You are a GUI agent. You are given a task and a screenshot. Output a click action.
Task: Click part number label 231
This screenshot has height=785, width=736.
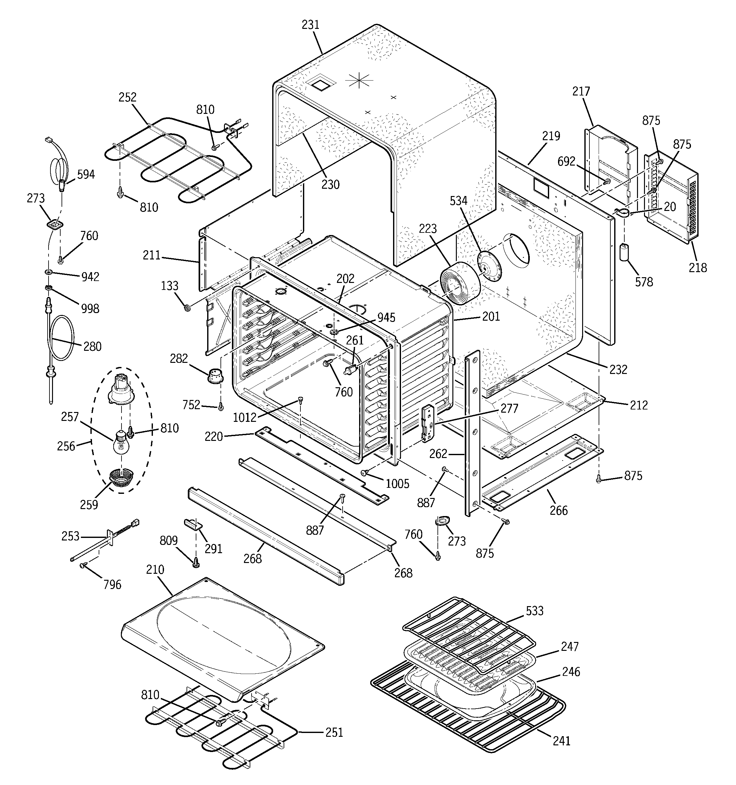click(x=310, y=25)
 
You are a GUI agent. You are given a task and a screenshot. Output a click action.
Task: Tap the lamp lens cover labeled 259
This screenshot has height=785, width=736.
click(x=121, y=477)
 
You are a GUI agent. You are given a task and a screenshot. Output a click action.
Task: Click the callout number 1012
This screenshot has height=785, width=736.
click(x=245, y=417)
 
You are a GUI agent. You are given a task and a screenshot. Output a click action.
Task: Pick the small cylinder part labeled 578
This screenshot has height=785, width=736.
click(x=625, y=252)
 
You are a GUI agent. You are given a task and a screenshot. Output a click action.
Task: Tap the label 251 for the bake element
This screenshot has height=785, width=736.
click(x=334, y=732)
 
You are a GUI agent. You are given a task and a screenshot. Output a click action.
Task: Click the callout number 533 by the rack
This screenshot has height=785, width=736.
click(x=535, y=611)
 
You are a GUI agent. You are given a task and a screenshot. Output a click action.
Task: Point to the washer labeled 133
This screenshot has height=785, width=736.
click(x=188, y=307)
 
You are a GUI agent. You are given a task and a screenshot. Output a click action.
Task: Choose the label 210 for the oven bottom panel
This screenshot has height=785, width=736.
click(x=155, y=569)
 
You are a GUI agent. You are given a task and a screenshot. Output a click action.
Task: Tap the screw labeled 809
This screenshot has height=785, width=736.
click(x=195, y=564)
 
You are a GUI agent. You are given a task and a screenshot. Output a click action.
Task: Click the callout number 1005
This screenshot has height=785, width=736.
click(x=398, y=484)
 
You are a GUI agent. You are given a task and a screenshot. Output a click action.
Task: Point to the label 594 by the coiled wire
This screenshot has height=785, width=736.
click(x=86, y=174)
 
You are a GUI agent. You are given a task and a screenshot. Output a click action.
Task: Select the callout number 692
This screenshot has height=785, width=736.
click(x=566, y=161)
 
